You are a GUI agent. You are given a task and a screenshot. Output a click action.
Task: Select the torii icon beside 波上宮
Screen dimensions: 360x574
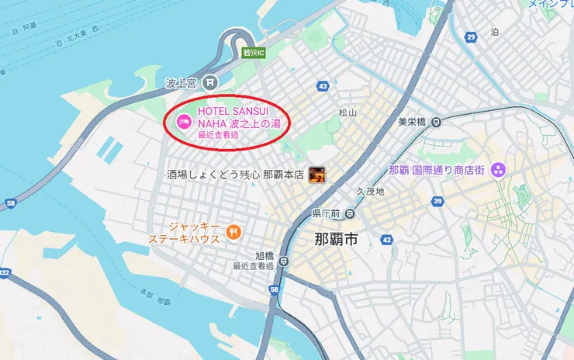point(209,81)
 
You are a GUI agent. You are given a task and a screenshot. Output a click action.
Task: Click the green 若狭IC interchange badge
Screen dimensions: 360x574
point(254,53)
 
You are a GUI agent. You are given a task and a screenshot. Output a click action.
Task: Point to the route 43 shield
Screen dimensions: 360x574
point(323,85)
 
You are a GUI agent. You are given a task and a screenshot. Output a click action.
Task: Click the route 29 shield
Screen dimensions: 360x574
point(471,37)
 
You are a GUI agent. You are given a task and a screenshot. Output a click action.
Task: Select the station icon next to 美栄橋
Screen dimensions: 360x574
point(437,121)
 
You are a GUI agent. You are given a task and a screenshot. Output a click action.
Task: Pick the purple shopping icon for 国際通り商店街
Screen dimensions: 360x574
point(498,170)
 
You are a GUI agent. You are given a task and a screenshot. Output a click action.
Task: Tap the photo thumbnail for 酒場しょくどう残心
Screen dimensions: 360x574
point(316,175)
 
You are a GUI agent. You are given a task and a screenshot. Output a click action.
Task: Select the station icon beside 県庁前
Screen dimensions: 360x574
point(351,213)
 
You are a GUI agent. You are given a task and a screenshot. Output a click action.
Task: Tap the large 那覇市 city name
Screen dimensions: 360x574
point(336,239)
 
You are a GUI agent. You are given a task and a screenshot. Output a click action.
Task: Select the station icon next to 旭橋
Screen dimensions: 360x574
point(284,261)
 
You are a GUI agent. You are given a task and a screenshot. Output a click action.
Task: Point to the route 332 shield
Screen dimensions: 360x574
point(5,272)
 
